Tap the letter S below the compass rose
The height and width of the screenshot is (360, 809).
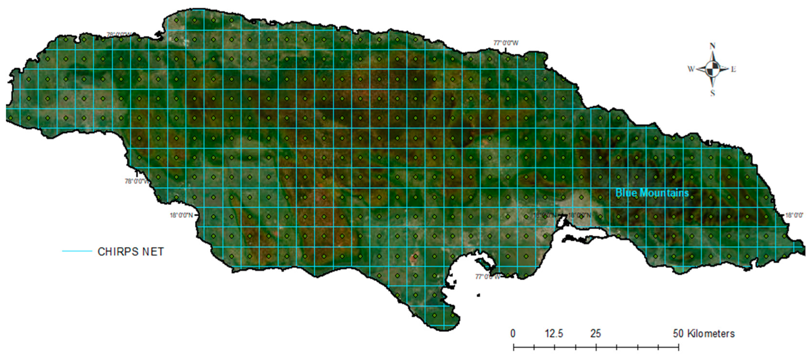point(712,93)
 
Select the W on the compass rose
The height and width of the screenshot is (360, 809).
point(691,69)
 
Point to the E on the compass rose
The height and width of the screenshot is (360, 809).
point(733,69)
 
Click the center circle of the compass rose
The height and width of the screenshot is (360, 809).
point(712,68)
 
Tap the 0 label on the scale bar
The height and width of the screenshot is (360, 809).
point(513,333)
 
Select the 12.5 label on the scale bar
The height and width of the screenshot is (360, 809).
point(554,333)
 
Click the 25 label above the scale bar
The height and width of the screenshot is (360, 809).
point(596,333)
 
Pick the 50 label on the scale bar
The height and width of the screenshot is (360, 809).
point(678,333)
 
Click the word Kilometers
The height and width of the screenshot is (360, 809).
point(711,333)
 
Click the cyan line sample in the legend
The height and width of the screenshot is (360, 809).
point(77,251)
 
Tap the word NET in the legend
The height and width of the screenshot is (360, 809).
point(153,252)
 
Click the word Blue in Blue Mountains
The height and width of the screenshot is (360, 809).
point(626,193)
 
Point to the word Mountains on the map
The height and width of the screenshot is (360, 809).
point(664,193)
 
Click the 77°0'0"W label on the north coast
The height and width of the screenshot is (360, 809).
point(506,43)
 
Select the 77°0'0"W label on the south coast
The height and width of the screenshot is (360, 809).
point(487,276)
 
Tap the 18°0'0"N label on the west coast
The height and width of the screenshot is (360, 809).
point(181,215)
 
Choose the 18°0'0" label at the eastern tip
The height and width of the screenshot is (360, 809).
point(794,215)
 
